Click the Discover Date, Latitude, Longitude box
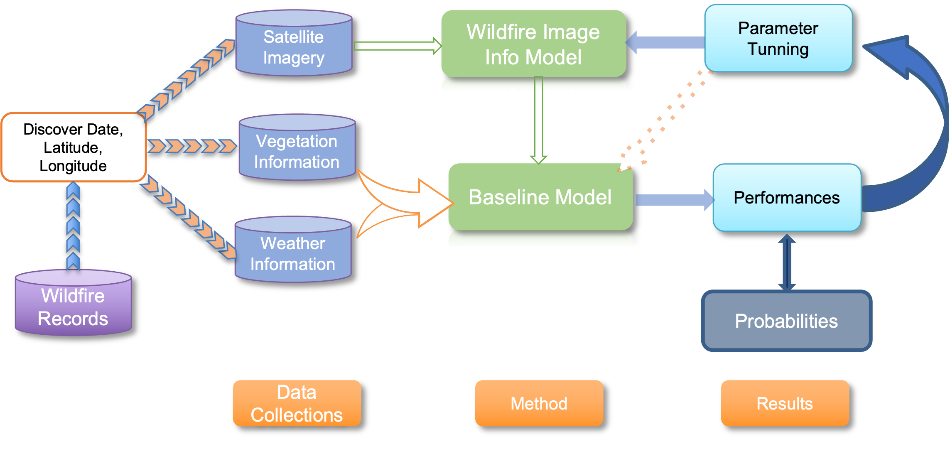[74, 147]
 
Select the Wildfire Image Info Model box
[533, 44]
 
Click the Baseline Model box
[540, 197]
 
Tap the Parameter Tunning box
[778, 39]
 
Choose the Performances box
[787, 198]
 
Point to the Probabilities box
[786, 321]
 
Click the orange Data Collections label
[297, 403]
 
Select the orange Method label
[539, 403]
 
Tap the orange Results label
[785, 403]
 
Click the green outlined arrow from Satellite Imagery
[397, 46]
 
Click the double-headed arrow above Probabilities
[787, 262]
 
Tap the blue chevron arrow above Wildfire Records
[73, 226]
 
